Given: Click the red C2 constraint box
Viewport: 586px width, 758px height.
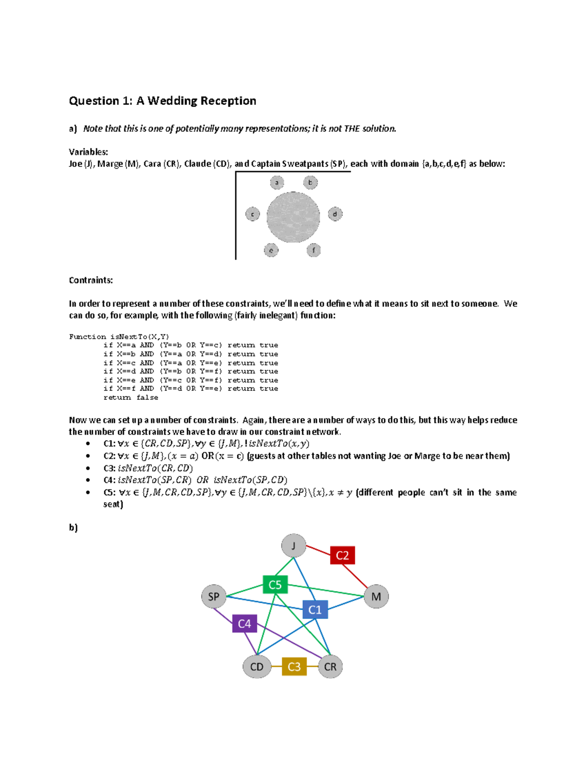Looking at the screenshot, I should pyautogui.click(x=342, y=555).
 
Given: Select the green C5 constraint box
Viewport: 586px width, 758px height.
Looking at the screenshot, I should pyautogui.click(x=275, y=584).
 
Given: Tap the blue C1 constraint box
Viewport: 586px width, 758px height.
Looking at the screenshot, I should pyautogui.click(x=315, y=609).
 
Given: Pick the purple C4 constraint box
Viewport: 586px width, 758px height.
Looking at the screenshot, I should pyautogui.click(x=244, y=623).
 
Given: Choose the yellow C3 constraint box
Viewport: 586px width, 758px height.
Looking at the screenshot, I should pyautogui.click(x=294, y=666).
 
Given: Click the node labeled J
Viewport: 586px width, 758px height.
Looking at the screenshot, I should pyautogui.click(x=293, y=546).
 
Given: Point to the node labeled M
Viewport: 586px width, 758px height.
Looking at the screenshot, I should pyautogui.click(x=376, y=596).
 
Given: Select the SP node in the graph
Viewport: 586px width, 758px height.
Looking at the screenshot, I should pyautogui.click(x=214, y=596).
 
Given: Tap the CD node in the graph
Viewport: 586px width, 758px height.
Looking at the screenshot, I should pyautogui.click(x=257, y=667).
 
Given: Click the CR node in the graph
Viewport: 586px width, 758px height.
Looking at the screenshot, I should pyautogui.click(x=330, y=667).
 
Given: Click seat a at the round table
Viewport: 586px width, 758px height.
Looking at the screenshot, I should pyautogui.click(x=277, y=183).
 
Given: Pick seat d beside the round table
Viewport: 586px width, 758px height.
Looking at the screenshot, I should pyautogui.click(x=335, y=214).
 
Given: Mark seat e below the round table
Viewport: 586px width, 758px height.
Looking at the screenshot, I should pyautogui.click(x=271, y=250).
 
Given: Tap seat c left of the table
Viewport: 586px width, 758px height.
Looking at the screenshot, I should pyautogui.click(x=252, y=214).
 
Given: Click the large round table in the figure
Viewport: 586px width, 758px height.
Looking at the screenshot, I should pyautogui.click(x=293, y=217).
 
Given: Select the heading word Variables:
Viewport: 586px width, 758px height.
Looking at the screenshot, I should pyautogui.click(x=88, y=152).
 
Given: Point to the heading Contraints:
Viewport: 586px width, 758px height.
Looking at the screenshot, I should pyautogui.click(x=91, y=280).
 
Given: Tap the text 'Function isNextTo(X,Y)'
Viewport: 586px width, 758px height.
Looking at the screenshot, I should pyautogui.click(x=119, y=336).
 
